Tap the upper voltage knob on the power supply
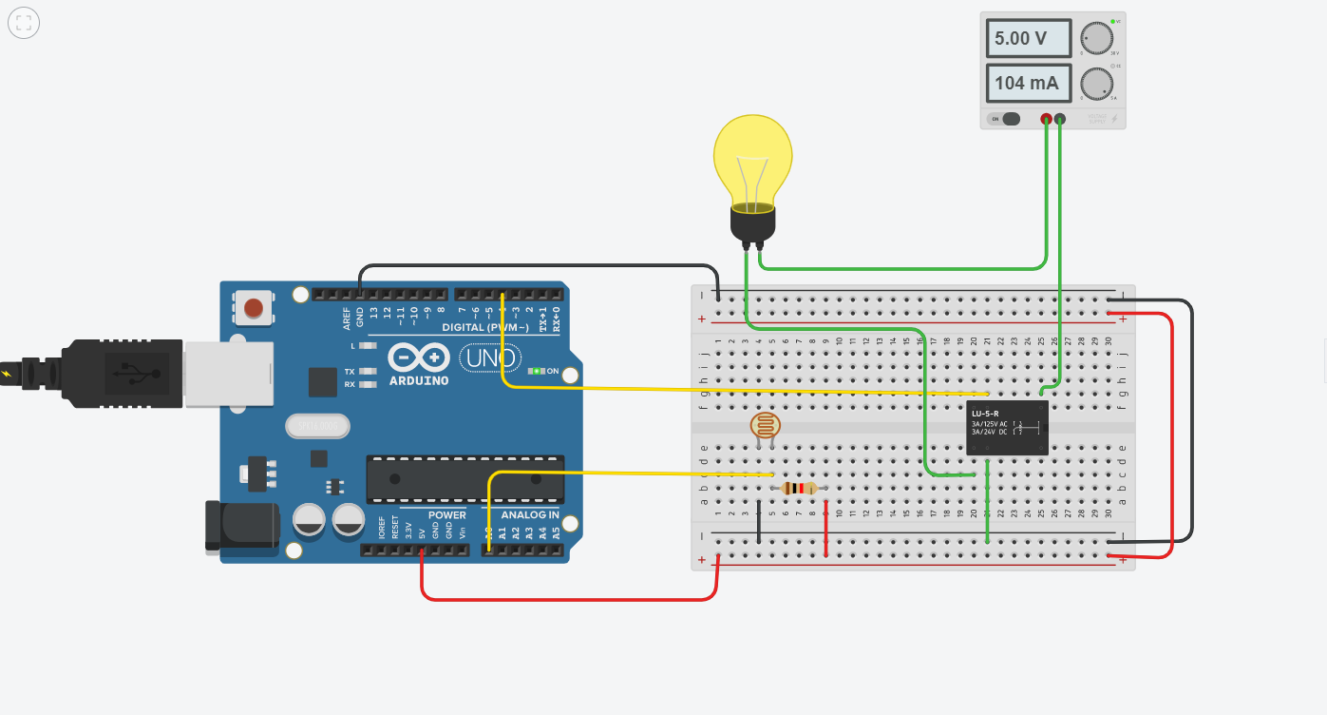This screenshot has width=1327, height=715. [1096, 38]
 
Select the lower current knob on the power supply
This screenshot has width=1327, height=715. [1096, 84]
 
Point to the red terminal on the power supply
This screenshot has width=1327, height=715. [1046, 119]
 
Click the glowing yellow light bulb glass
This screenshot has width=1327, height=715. [752, 157]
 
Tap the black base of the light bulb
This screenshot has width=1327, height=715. [752, 224]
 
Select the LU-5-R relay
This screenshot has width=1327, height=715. [1007, 428]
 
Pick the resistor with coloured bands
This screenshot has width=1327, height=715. [798, 489]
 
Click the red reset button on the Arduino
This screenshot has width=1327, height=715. [254, 308]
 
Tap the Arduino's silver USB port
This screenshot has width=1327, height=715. [228, 374]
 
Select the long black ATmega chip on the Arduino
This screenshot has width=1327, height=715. [465, 478]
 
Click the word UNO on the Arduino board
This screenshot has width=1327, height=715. [490, 358]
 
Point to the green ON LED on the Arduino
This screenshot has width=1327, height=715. [538, 371]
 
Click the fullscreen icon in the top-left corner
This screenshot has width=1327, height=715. [24, 24]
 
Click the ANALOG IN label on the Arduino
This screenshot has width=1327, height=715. [530, 515]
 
